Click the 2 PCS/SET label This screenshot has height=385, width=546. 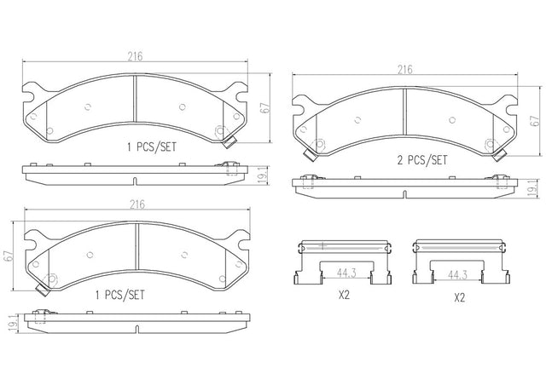pos(422,160)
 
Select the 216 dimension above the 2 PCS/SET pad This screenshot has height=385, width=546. pos(405,70)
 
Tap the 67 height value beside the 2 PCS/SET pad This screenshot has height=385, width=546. pos(535,121)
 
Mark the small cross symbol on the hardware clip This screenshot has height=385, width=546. pos(323,246)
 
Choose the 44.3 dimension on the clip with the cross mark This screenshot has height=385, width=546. pos(346,273)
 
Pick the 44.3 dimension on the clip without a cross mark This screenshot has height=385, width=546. pos(457,275)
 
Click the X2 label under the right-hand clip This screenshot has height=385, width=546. pos(460,298)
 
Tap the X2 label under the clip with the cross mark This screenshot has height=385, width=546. pos(344,296)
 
